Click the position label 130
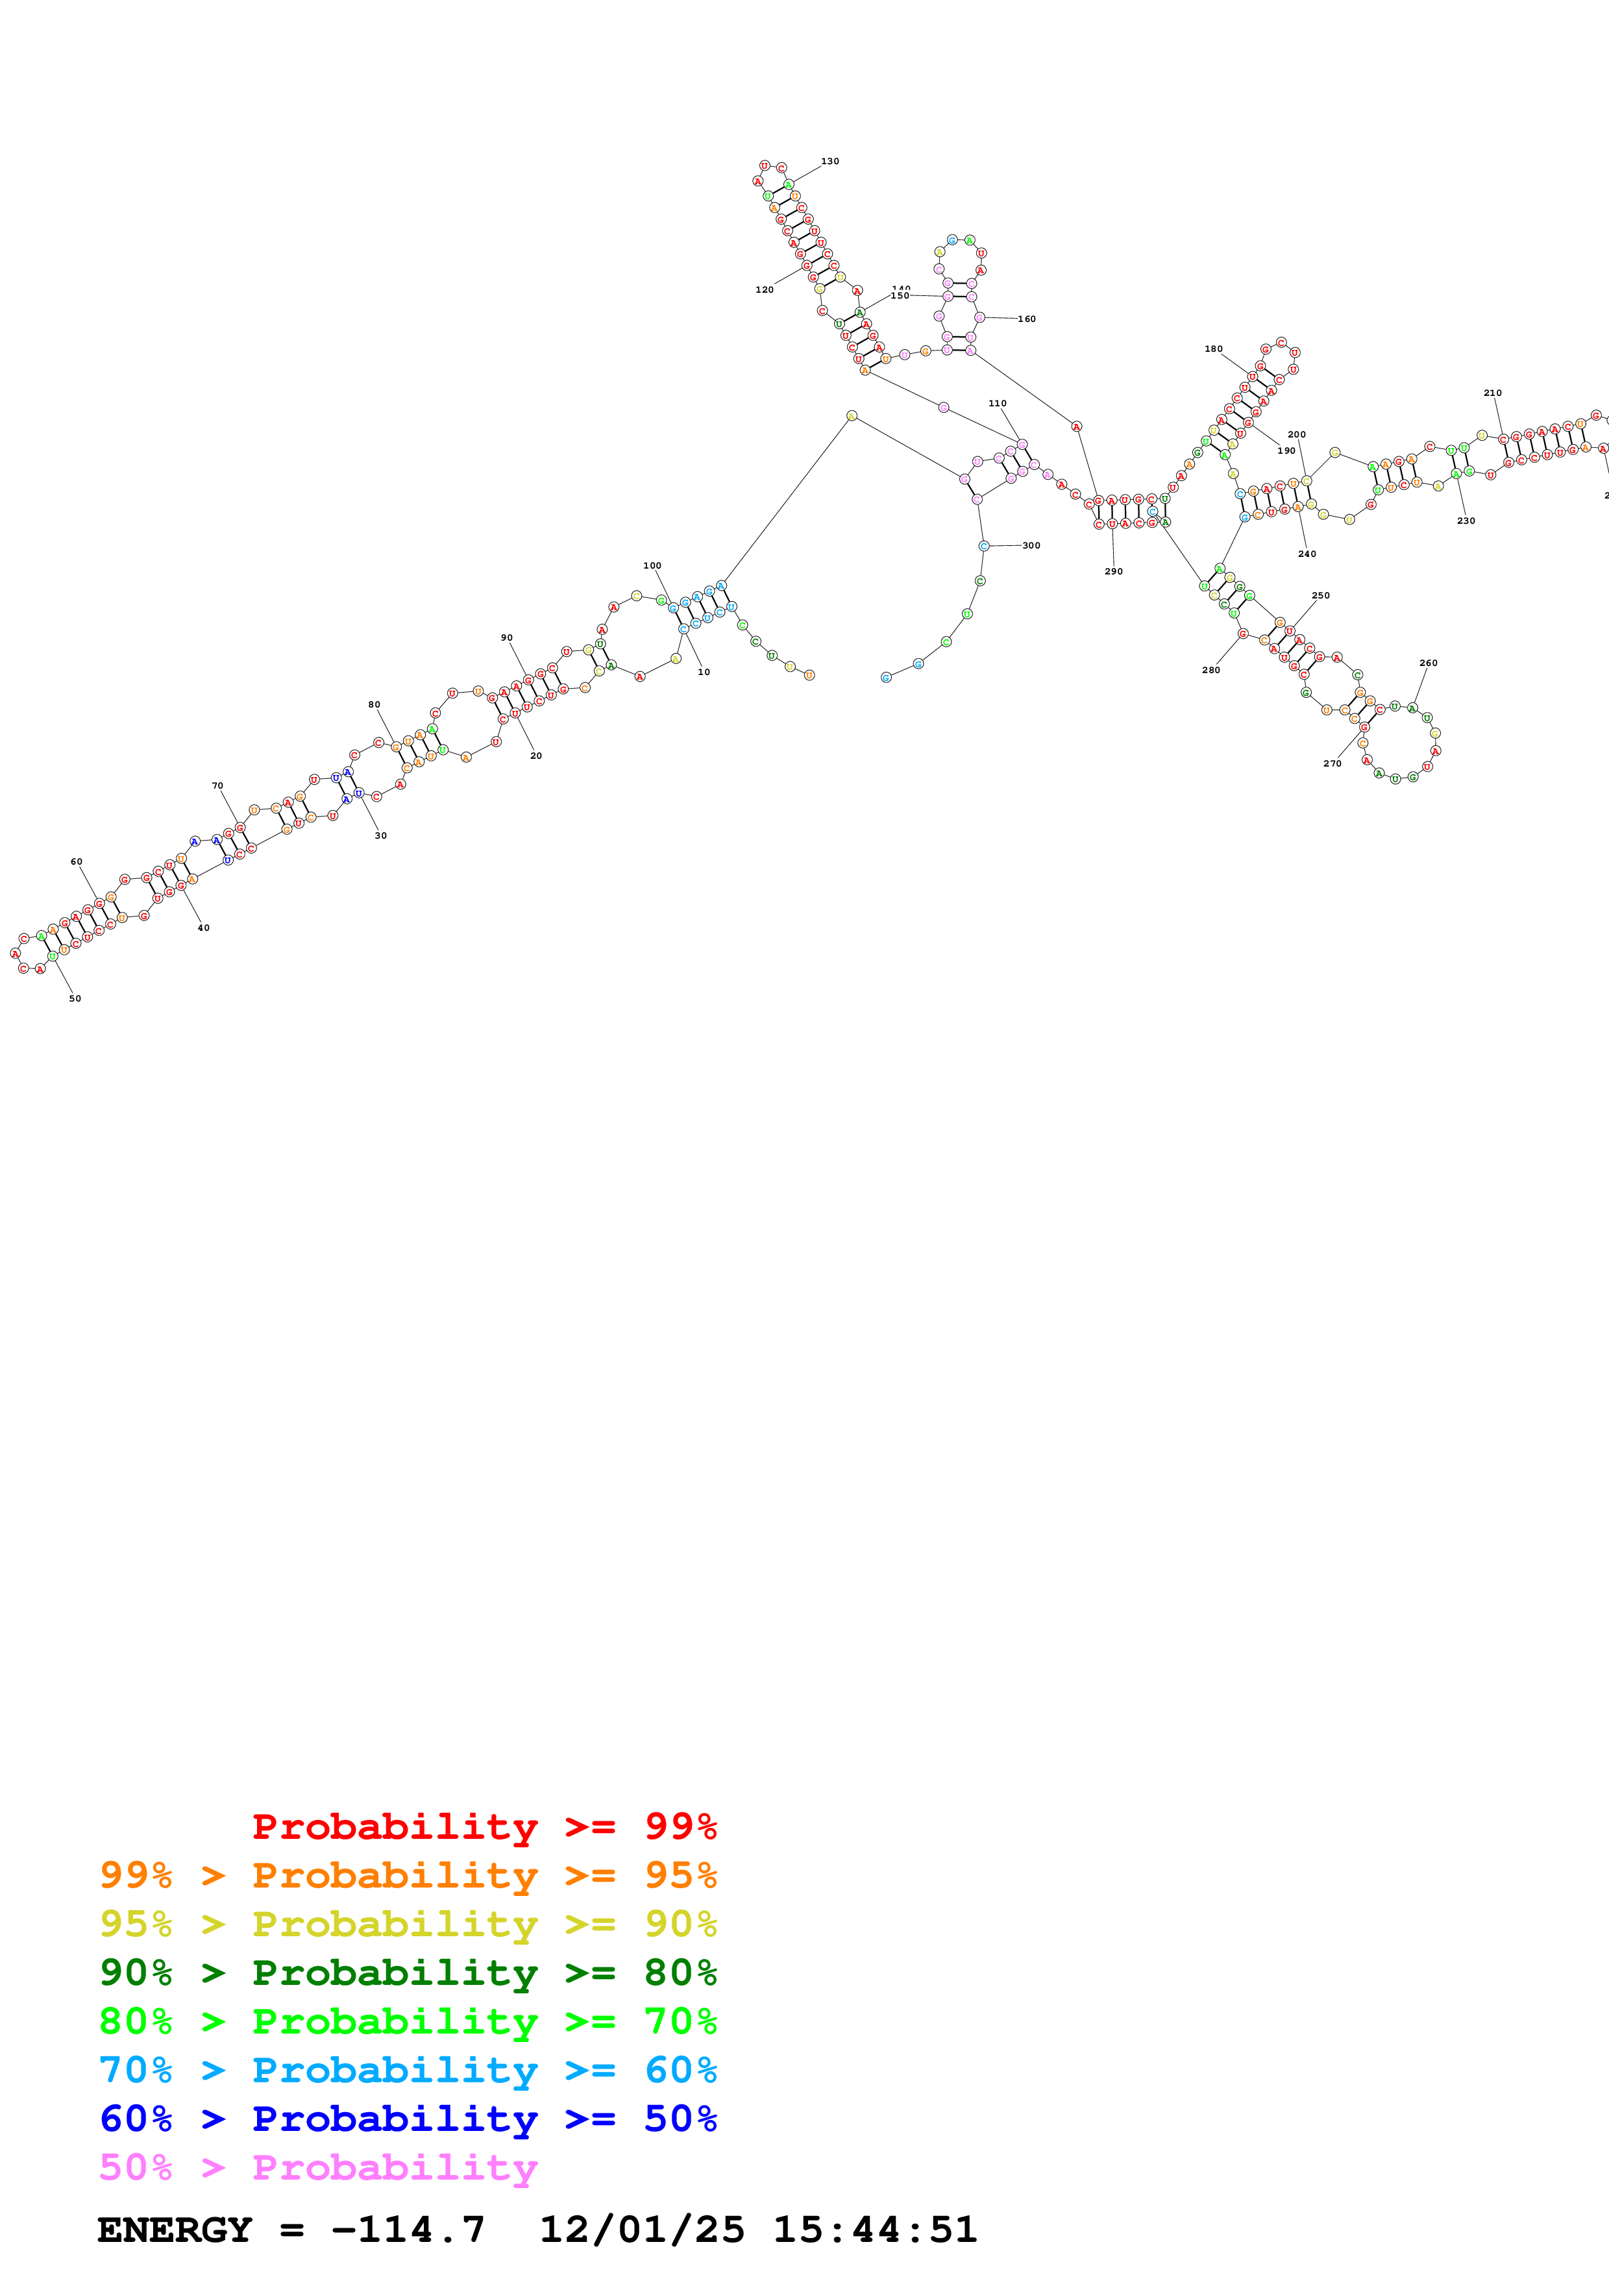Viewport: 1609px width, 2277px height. [x=829, y=162]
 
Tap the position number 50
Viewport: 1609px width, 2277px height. [x=75, y=999]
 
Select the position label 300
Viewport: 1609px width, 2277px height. [x=1031, y=545]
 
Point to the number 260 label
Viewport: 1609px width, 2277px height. [x=1427, y=663]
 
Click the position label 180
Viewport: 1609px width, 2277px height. [x=1214, y=349]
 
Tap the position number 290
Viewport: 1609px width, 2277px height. [x=1113, y=571]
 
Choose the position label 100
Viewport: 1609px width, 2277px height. [x=652, y=566]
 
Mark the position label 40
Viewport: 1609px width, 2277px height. [x=203, y=928]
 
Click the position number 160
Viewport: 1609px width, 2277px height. [x=1026, y=319]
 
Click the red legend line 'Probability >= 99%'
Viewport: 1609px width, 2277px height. [x=484, y=1827]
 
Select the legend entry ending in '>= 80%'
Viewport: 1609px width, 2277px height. [x=408, y=1973]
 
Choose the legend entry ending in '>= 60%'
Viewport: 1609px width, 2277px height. [x=408, y=2070]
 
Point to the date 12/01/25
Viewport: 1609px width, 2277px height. [x=641, y=2230]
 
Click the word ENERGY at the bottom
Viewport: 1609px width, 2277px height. [x=175, y=2230]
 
